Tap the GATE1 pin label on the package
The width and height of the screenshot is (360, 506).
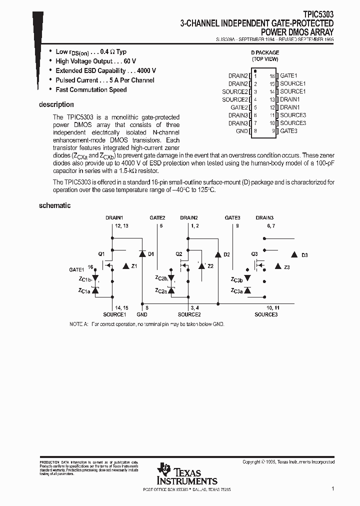pyautogui.click(x=288, y=75)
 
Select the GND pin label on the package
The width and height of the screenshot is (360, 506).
pyautogui.click(x=241, y=131)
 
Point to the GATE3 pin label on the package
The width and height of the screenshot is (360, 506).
pyautogui.click(x=288, y=131)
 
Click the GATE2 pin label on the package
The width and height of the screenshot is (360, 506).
pyautogui.click(x=239, y=107)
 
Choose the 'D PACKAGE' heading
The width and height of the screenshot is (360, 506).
pyautogui.click(x=264, y=52)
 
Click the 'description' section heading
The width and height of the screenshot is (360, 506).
pyautogui.click(x=56, y=104)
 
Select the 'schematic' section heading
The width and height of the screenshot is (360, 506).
pyautogui.click(x=54, y=205)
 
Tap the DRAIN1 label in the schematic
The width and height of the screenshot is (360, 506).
pyautogui.click(x=114, y=218)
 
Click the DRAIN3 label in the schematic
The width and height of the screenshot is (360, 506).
pyautogui.click(x=264, y=218)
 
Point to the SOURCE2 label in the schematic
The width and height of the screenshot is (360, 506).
pyautogui.click(x=189, y=314)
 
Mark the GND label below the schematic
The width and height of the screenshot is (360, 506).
pyautogui.click(x=142, y=314)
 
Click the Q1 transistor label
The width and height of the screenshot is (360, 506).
pyautogui.click(x=101, y=254)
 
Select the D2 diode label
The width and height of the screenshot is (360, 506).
pyautogui.click(x=226, y=255)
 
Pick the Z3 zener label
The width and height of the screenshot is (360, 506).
pyautogui.click(x=286, y=267)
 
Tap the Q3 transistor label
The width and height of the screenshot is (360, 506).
pyautogui.click(x=254, y=254)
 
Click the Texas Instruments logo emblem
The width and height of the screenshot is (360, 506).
pyautogui.click(x=163, y=470)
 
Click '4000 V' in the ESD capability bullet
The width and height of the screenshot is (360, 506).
pyautogui.click(x=146, y=70)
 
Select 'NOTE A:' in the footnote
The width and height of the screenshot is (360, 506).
pyautogui.click(x=78, y=324)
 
